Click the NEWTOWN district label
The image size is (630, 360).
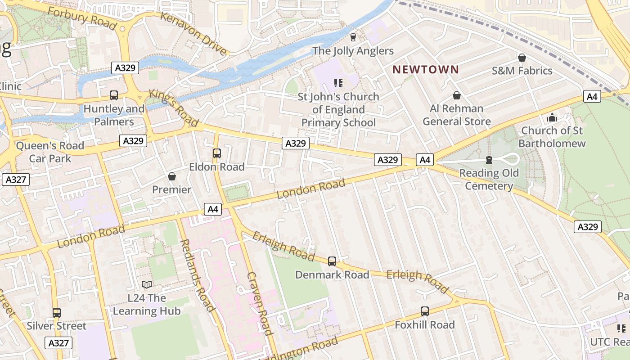(425, 70)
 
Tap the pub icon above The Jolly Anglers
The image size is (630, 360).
(353, 37)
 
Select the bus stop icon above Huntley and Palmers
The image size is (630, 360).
(114, 95)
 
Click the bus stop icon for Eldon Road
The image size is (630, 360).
(216, 153)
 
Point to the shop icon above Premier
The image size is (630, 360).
(171, 176)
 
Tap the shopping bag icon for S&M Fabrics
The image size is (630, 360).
(522, 58)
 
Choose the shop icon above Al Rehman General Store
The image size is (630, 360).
(456, 95)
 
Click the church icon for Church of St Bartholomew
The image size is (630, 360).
(552, 117)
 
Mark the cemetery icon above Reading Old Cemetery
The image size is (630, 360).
(489, 160)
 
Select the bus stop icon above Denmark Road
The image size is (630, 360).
(332, 261)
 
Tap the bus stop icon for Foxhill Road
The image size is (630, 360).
(424, 311)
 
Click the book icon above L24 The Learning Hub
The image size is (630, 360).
(147, 284)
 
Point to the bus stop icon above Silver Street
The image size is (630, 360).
(56, 312)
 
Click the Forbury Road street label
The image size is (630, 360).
(82, 18)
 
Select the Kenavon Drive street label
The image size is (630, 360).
(194, 34)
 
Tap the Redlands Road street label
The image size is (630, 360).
(197, 275)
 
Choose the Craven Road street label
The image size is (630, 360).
(260, 303)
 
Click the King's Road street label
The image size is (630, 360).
(174, 108)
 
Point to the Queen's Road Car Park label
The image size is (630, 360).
(50, 152)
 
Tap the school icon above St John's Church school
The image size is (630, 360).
(338, 83)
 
